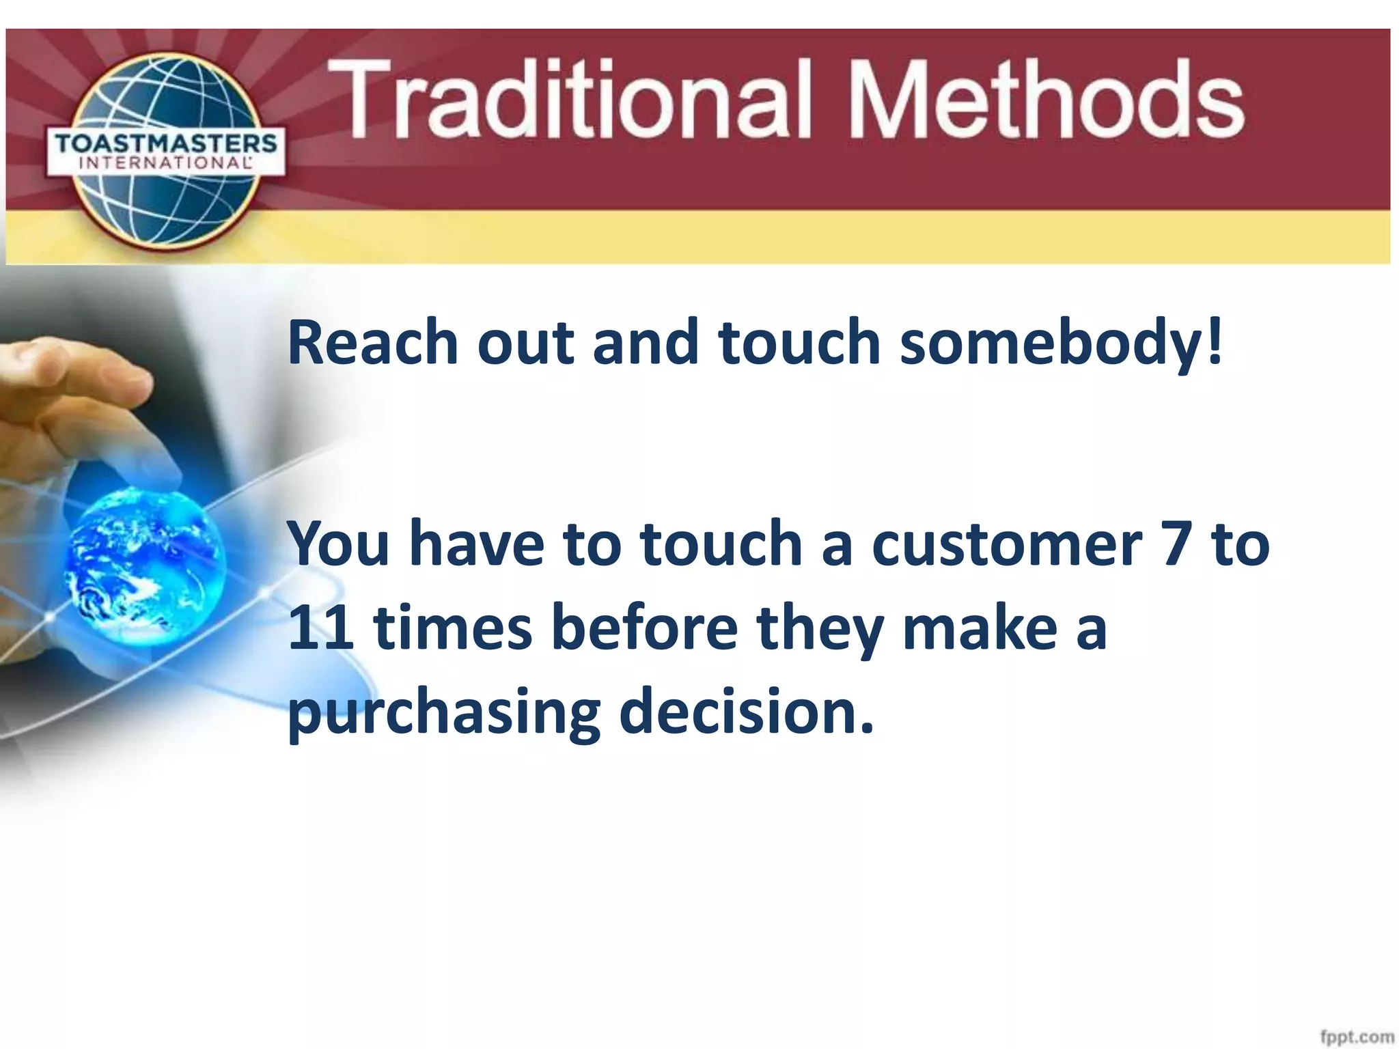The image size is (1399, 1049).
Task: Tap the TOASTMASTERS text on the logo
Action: click(x=166, y=144)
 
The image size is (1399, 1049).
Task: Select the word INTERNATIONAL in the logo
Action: click(x=166, y=163)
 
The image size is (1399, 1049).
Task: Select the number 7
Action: click(x=1177, y=544)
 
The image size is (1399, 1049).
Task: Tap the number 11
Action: click(x=320, y=628)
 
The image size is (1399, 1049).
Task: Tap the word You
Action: click(x=338, y=544)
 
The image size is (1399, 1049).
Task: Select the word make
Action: click(x=980, y=628)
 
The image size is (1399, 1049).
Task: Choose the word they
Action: click(x=820, y=629)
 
